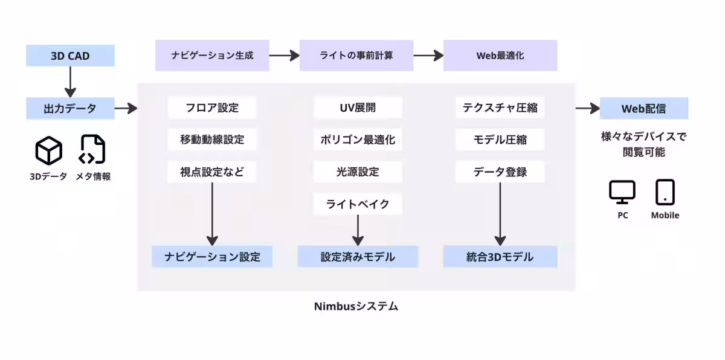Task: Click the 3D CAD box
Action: click(x=70, y=56)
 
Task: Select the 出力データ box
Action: click(x=70, y=109)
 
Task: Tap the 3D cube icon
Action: click(x=48, y=150)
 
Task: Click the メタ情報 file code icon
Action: click(x=92, y=150)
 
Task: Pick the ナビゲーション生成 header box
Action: click(x=211, y=56)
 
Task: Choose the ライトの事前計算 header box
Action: click(x=356, y=56)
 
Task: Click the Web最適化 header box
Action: click(x=500, y=56)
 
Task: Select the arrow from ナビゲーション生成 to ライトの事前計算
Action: click(x=284, y=56)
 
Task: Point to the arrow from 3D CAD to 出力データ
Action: click(x=70, y=82)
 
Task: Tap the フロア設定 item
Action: click(x=212, y=108)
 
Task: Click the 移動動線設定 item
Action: click(x=212, y=140)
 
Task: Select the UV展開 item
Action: click(x=358, y=108)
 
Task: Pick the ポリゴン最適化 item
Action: click(x=358, y=140)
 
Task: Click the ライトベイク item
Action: click(x=358, y=204)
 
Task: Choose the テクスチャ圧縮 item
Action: click(x=500, y=108)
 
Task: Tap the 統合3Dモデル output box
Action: click(x=500, y=257)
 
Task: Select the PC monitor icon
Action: click(x=622, y=192)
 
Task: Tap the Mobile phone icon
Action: click(x=665, y=192)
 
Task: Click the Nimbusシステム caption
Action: click(x=356, y=306)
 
